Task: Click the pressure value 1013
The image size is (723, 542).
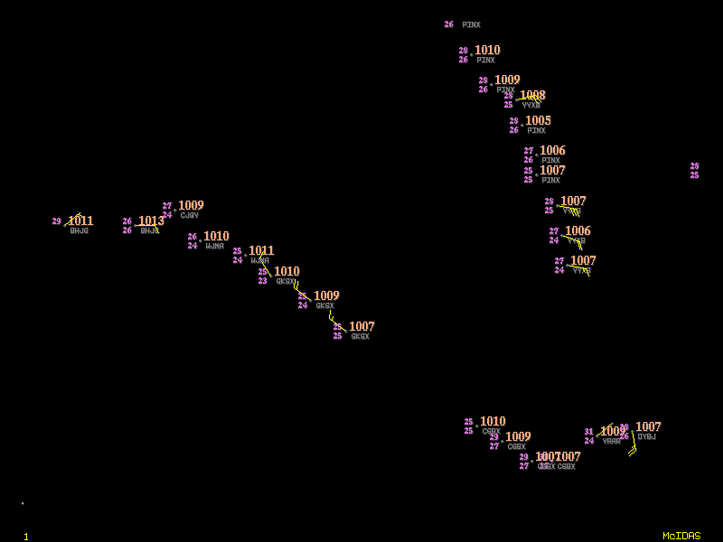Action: coord(151,221)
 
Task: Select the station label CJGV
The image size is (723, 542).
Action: coord(189,216)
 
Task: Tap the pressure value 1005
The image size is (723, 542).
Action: coord(538,121)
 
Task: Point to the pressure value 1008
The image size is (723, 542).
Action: coord(532,96)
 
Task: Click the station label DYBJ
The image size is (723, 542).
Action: coord(646,437)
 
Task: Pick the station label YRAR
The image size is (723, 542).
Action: coord(612,442)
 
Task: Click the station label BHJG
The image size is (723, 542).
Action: coord(80,231)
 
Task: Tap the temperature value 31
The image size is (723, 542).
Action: coord(589,432)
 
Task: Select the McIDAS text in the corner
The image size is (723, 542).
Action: coord(681,536)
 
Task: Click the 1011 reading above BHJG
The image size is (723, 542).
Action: coord(80,221)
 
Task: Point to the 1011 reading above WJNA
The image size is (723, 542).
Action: coord(261,251)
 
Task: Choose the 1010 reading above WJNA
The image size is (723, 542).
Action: coord(216,237)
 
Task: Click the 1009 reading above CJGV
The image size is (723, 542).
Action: coord(191,206)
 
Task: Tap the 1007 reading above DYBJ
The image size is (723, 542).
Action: coord(648,427)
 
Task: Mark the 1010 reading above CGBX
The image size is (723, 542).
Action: coord(493,422)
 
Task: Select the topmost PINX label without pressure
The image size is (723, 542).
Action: coord(471,25)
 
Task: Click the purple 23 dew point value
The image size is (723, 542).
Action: coord(263,281)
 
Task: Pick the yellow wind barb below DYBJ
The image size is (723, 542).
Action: coord(632,449)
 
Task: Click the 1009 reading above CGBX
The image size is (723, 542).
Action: coord(518,437)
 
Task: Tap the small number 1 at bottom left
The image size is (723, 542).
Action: coord(26,537)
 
